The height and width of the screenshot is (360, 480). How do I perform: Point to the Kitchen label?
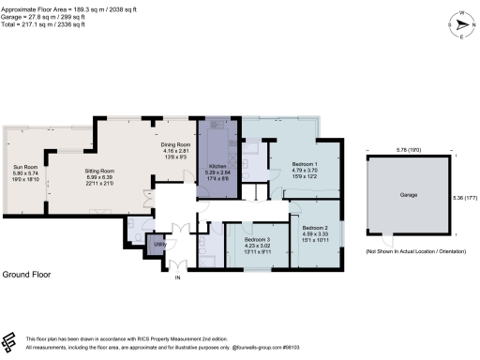[217, 164]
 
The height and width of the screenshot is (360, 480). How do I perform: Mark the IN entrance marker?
[173, 277]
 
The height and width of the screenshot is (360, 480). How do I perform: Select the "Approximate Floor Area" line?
[58, 6]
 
